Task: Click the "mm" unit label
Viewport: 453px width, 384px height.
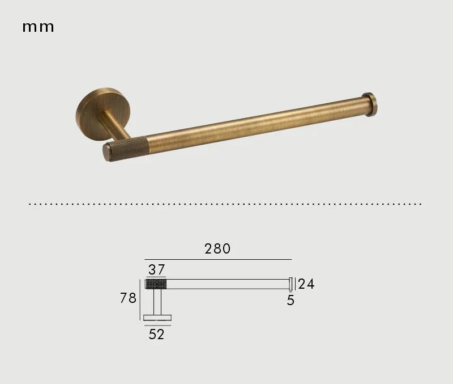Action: (x=38, y=27)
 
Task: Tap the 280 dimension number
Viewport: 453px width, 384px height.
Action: (x=217, y=248)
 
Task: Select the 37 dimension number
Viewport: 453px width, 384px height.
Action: (x=157, y=269)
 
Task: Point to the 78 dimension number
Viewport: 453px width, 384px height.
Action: (x=128, y=298)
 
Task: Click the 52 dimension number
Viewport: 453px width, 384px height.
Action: (x=156, y=334)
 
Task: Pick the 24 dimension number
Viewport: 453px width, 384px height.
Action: (x=306, y=284)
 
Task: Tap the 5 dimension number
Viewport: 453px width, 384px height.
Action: (x=290, y=301)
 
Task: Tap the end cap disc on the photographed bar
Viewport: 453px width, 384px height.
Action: (x=370, y=104)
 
